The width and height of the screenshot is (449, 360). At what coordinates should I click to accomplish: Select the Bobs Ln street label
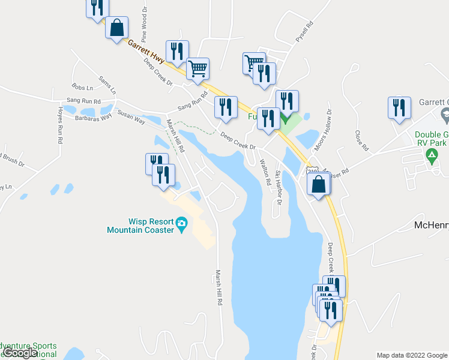tap(82, 88)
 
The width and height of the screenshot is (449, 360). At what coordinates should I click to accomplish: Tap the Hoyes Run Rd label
tap(60, 125)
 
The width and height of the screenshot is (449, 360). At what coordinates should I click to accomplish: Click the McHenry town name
tap(432, 226)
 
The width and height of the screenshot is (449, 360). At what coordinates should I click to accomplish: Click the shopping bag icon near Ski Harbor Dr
tap(319, 184)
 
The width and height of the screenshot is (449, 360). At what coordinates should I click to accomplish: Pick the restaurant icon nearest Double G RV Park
tap(399, 108)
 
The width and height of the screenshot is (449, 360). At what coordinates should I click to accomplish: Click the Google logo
tap(20, 353)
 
